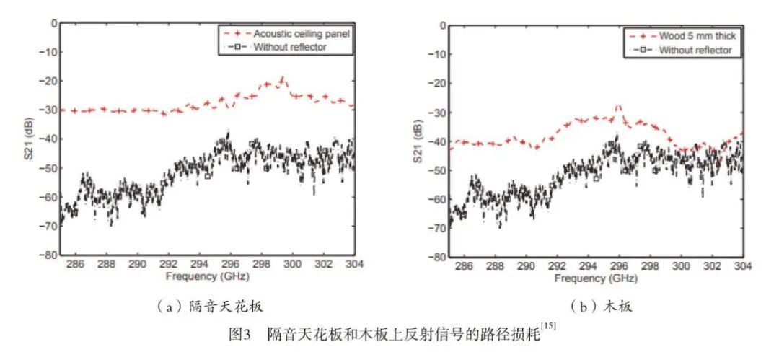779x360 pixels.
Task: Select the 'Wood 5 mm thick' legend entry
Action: [695, 35]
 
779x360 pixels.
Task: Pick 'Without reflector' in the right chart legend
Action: [695, 50]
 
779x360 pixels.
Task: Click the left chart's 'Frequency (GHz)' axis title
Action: [207, 276]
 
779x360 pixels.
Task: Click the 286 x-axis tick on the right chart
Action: [464, 265]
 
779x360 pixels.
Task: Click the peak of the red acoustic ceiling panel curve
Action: [282, 76]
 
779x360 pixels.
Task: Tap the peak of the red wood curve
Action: [618, 106]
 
